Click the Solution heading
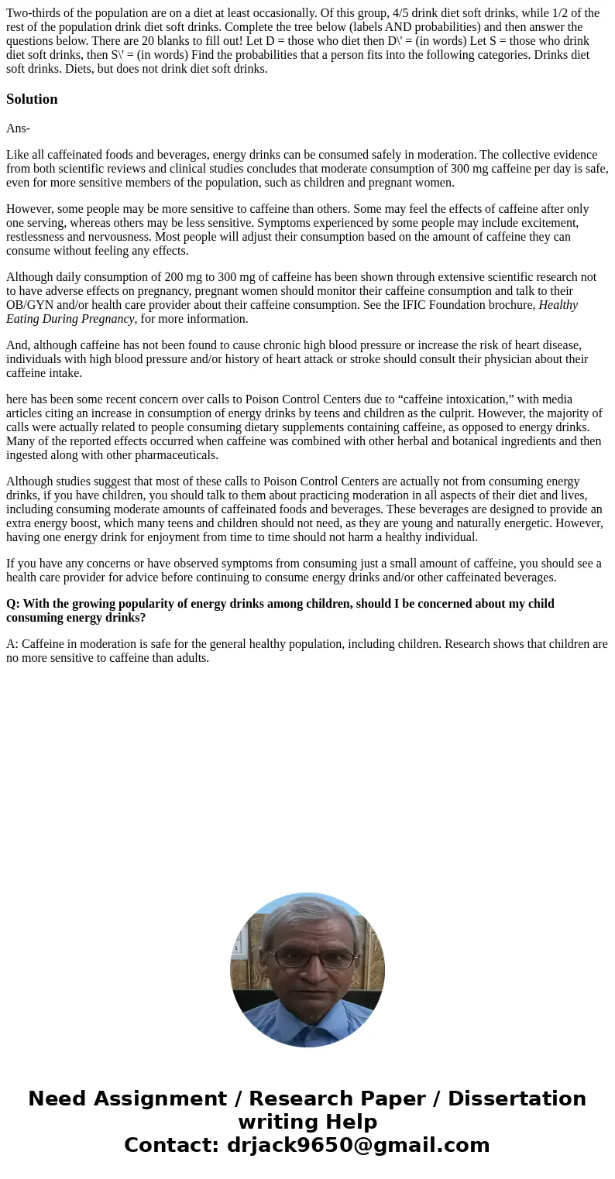coord(32,99)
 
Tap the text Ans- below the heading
coord(18,129)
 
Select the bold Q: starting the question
coord(13,604)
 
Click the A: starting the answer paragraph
coord(12,644)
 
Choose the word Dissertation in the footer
coord(517,1099)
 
